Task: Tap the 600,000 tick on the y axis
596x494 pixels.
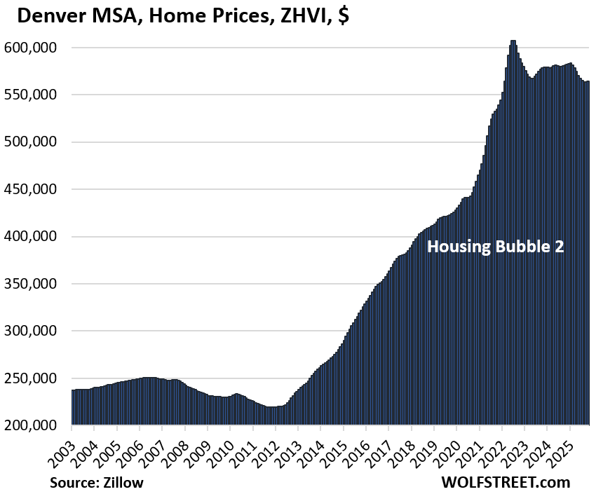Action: (x=35, y=48)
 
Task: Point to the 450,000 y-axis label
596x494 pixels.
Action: (x=35, y=189)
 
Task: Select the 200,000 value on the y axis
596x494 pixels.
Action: (x=35, y=425)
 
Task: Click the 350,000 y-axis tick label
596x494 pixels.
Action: (x=35, y=284)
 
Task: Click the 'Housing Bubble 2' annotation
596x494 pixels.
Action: (x=496, y=247)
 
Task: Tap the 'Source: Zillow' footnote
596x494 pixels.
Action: (x=95, y=483)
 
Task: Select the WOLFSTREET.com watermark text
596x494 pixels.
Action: (x=506, y=483)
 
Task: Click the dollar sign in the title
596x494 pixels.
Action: (x=344, y=17)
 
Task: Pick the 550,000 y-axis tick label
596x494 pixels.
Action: (x=35, y=95)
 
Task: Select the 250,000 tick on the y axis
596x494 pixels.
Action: (x=35, y=378)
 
